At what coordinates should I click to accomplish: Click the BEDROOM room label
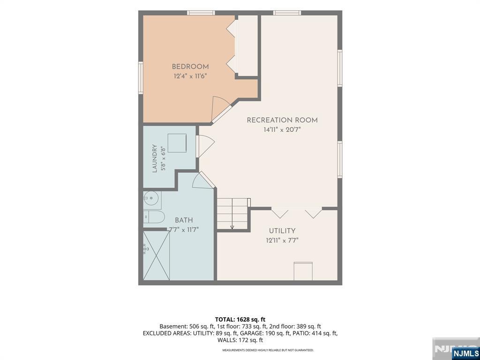(190, 67)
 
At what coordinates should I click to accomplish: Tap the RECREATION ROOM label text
(282, 120)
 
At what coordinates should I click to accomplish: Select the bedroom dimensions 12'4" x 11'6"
(190, 76)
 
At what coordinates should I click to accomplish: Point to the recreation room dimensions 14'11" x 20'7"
(282, 130)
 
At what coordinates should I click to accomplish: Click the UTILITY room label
(282, 231)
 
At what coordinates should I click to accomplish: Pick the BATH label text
(184, 220)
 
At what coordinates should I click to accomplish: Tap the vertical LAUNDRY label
(155, 158)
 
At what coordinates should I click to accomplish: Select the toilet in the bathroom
(154, 217)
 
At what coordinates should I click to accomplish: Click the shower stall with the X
(157, 255)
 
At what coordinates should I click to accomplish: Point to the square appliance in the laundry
(177, 143)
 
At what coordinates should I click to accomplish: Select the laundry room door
(205, 146)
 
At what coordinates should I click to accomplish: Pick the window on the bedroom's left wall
(141, 77)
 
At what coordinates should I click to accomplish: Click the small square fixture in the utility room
(303, 271)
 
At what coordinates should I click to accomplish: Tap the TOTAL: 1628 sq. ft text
(240, 320)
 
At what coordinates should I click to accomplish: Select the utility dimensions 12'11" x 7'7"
(282, 240)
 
